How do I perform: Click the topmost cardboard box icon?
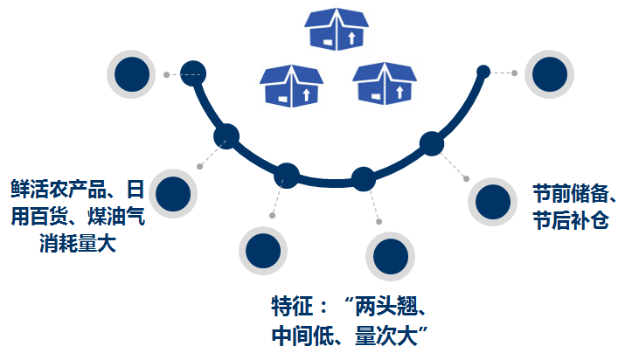tap(337, 29)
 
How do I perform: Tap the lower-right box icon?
tap(385, 83)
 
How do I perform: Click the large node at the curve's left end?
tap(192, 73)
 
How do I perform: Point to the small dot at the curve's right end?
tap(483, 72)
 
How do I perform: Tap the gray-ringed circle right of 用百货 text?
tap(173, 192)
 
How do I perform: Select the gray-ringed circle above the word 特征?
tap(263, 250)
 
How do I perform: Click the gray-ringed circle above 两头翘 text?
tap(390, 256)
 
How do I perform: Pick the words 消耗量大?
tap(79, 243)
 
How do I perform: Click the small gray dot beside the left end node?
tap(166, 74)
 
